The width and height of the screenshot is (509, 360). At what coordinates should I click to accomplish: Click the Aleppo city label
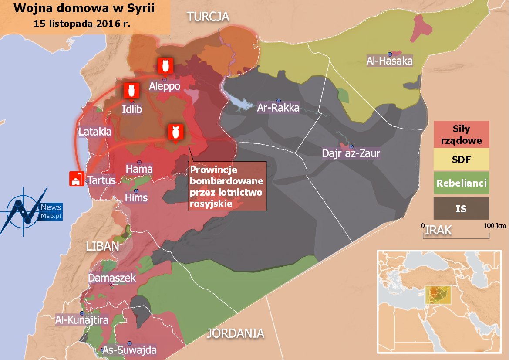164,86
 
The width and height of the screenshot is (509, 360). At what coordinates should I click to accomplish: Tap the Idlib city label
131,109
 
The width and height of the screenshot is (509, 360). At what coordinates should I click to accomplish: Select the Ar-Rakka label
278,107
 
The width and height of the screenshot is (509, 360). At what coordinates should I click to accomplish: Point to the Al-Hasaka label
389,61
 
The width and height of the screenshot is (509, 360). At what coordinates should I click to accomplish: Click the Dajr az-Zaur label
351,153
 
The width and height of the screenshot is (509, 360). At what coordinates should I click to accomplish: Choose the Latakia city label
95,131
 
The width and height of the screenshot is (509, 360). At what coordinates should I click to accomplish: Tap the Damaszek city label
112,278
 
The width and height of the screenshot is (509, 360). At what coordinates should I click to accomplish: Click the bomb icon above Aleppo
165,66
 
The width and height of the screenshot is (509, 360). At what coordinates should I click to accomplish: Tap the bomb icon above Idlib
131,91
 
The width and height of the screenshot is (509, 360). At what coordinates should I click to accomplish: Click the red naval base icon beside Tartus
77,179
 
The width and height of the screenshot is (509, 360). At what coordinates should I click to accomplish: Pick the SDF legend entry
461,159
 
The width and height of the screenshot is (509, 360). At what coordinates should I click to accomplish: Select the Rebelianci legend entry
461,183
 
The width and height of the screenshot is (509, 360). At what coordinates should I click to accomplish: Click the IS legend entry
461,208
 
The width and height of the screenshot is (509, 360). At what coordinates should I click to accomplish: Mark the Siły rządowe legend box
461,135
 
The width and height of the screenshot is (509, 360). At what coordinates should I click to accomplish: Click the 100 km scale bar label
495,225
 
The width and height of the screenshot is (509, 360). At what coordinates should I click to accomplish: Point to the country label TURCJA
208,17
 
